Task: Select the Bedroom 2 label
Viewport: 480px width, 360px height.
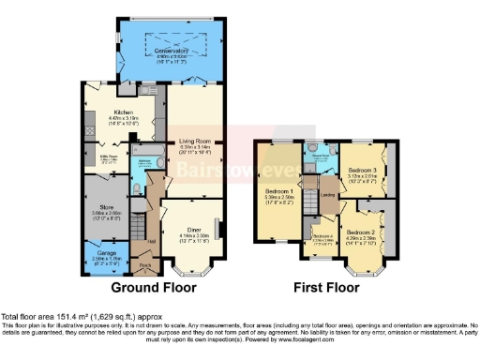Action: click(360, 231)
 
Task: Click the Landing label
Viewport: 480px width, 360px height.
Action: click(328, 195)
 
